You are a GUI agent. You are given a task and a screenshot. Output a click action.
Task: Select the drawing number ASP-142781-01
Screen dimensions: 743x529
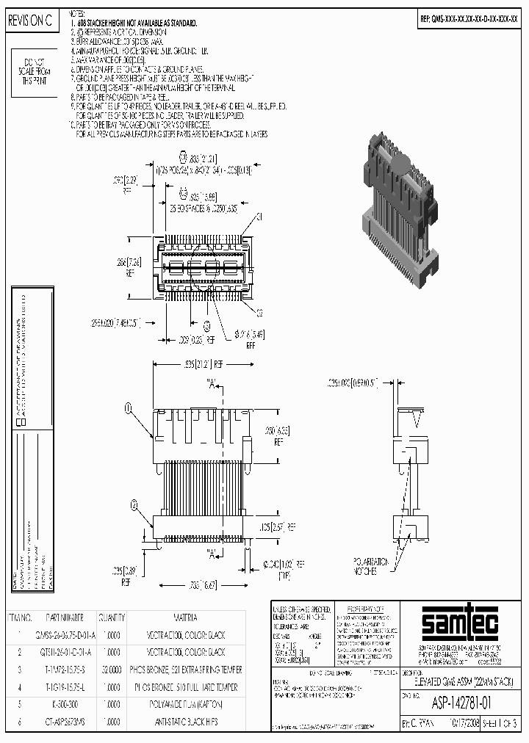coord(461,703)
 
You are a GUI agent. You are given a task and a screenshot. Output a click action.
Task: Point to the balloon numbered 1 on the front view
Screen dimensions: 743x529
coord(129,407)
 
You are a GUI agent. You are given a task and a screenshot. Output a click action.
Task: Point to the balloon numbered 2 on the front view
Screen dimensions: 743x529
coord(134,504)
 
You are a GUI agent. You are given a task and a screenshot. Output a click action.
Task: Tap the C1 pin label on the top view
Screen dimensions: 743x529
coord(259,217)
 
